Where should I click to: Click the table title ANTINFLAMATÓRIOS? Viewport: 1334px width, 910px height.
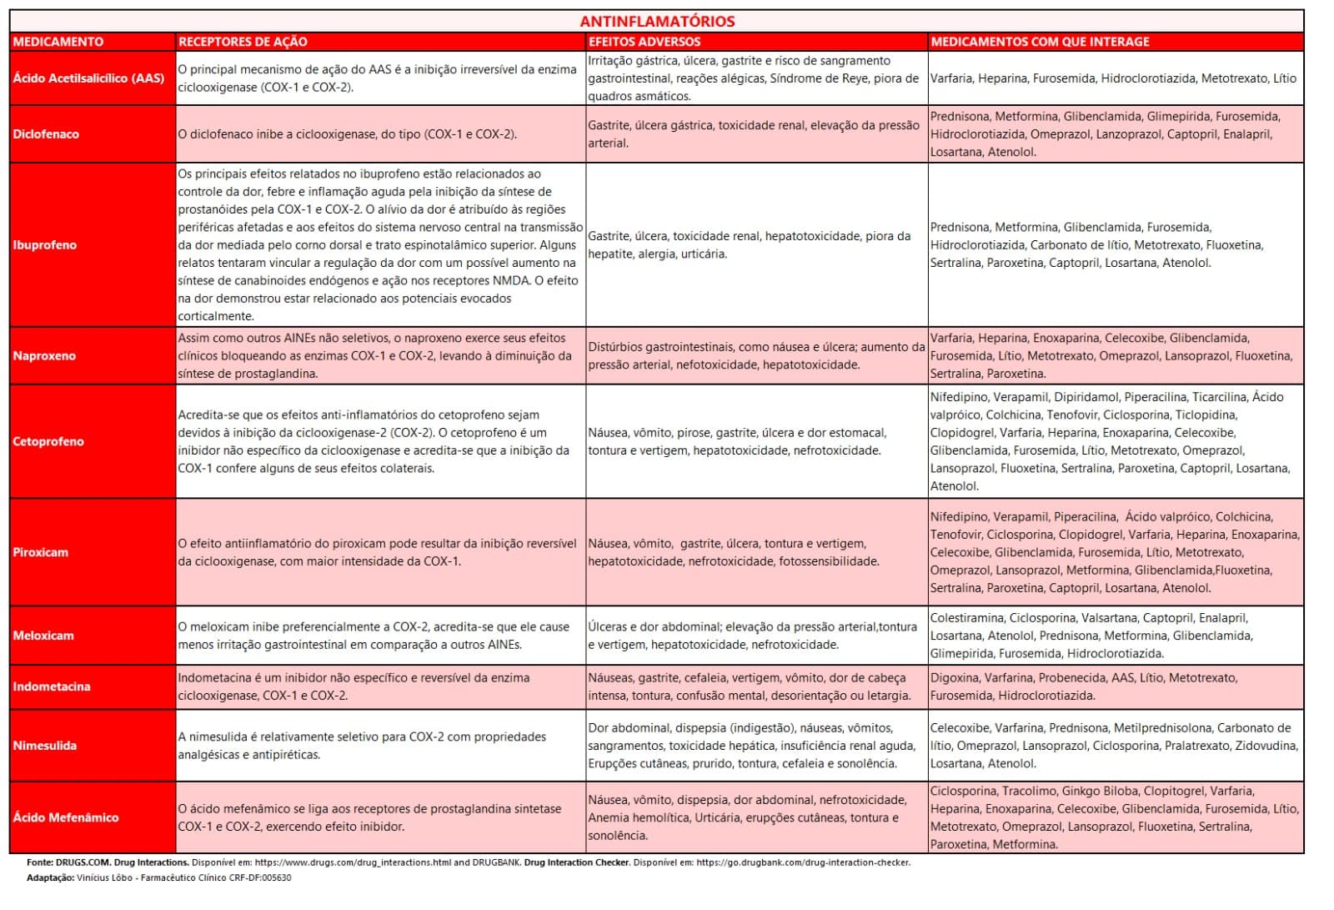click(657, 22)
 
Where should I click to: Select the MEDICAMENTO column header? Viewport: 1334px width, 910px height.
click(58, 42)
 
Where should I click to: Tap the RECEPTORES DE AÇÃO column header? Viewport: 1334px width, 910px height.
click(243, 42)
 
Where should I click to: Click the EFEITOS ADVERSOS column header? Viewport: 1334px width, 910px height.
click(644, 42)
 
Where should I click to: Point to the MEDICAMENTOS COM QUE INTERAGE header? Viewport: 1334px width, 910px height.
click(1040, 42)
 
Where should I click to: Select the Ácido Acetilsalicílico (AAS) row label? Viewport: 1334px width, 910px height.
click(88, 78)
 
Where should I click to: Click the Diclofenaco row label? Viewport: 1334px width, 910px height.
click(46, 134)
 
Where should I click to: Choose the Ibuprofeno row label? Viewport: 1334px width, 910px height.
click(44, 245)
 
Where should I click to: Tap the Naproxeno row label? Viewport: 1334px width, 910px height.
click(44, 356)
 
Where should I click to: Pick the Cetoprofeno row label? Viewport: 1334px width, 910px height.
click(48, 442)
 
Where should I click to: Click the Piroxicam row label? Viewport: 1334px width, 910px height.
click(41, 552)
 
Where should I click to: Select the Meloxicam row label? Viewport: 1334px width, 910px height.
click(43, 636)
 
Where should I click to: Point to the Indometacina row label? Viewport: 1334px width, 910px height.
click(52, 687)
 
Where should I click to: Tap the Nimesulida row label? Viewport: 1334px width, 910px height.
click(45, 746)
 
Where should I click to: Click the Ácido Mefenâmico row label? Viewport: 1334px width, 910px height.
click(66, 817)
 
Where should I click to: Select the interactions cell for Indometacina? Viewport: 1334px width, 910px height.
click(1115, 686)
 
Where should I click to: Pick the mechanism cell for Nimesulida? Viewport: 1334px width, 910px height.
click(379, 746)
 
